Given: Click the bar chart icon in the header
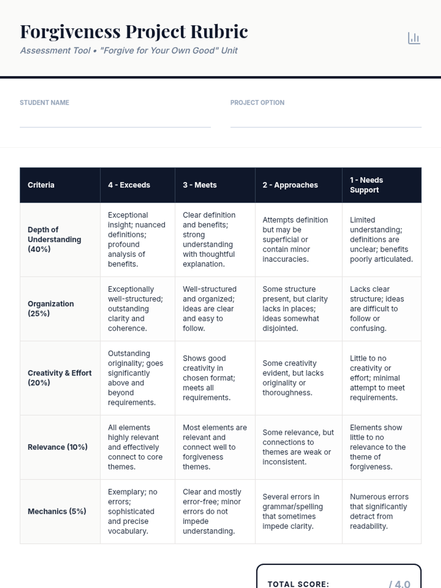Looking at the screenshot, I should pyautogui.click(x=414, y=38).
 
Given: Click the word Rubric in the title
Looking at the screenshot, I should pyautogui.click(x=219, y=32).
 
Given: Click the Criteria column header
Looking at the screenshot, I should pyautogui.click(x=41, y=185).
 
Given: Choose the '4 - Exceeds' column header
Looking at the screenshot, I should pyautogui.click(x=129, y=185).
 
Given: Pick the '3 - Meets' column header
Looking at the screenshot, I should pyautogui.click(x=200, y=185).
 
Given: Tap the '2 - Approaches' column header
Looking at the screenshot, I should pyautogui.click(x=290, y=185).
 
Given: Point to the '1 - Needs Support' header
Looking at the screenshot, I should pyautogui.click(x=366, y=185).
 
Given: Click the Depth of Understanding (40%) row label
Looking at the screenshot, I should pyautogui.click(x=54, y=239).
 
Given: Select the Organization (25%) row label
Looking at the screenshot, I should pyautogui.click(x=51, y=308).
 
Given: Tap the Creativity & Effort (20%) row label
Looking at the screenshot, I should pyautogui.click(x=60, y=377).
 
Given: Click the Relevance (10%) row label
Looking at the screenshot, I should pyautogui.click(x=57, y=447).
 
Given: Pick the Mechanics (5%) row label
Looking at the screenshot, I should pyautogui.click(x=57, y=511).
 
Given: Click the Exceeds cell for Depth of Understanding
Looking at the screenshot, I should pyautogui.click(x=136, y=239).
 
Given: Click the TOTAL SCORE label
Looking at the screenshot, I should pyautogui.click(x=298, y=584).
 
